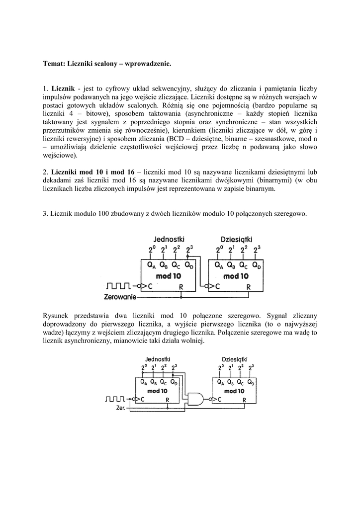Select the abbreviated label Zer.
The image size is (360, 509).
(120, 409)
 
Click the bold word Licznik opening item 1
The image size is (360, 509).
(63, 87)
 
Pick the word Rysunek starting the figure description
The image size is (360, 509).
(57, 316)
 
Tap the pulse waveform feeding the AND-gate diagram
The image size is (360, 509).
(116, 399)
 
